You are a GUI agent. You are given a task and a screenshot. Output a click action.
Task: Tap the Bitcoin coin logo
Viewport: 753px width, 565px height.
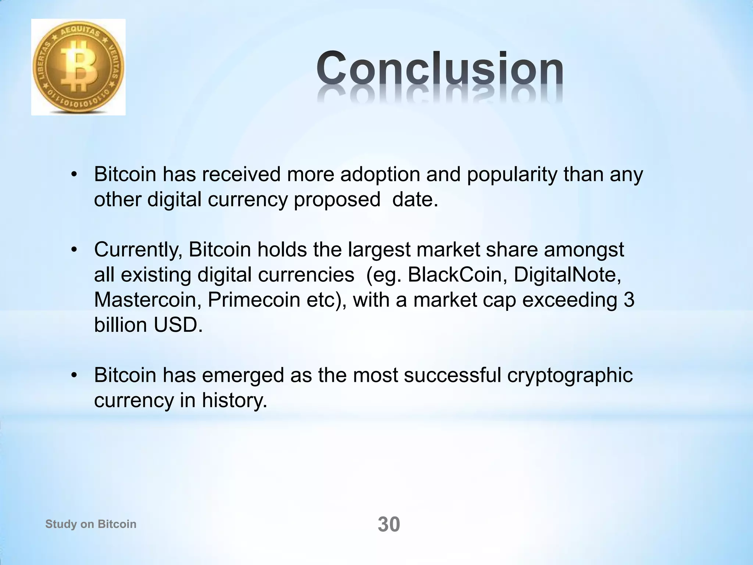(78, 67)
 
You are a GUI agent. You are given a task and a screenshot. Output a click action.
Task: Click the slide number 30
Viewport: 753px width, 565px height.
(389, 525)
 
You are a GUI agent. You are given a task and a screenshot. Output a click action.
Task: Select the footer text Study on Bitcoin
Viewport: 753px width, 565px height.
(91, 524)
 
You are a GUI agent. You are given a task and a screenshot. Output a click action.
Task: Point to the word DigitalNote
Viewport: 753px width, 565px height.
(567, 275)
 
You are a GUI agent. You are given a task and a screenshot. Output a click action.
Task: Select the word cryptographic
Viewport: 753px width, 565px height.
(570, 376)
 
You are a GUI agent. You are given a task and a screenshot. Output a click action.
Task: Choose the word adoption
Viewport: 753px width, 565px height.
(380, 174)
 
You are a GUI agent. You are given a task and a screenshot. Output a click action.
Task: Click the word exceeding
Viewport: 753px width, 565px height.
(570, 300)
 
